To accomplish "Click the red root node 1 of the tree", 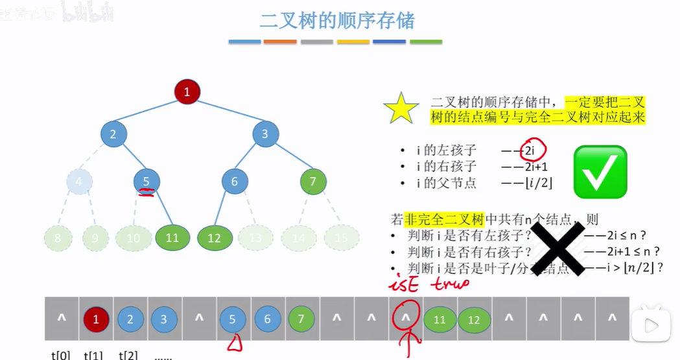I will (x=187, y=91).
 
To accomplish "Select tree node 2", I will (x=113, y=134).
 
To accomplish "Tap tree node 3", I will (x=265, y=134).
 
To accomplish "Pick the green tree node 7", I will (x=313, y=182).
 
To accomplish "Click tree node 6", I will (x=235, y=182).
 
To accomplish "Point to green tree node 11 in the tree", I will (x=172, y=238).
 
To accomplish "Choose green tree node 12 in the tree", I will (x=215, y=238).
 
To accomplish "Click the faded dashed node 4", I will (x=79, y=182).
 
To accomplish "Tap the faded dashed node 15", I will (x=342, y=238).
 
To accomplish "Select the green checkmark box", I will (x=600, y=171).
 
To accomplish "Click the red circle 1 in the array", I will (x=96, y=319).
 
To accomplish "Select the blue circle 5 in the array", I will (x=233, y=319).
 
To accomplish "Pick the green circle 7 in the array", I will (x=301, y=319).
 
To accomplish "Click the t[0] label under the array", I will (x=62, y=355).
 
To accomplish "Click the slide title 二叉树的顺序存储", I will (x=336, y=20).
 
